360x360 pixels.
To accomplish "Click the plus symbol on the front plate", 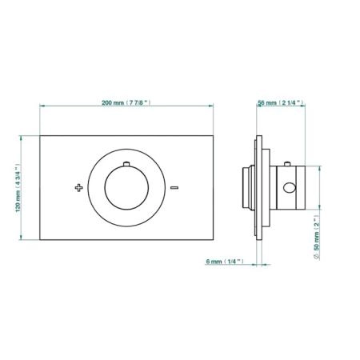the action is [78, 188].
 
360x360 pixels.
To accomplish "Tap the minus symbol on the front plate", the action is [174, 188].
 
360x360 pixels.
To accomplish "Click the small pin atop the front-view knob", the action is [126, 164].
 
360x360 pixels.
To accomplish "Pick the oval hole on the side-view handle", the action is [290, 188].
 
